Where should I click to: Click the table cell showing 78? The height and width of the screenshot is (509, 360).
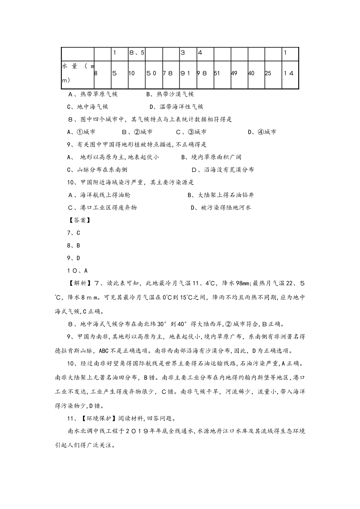(171, 73)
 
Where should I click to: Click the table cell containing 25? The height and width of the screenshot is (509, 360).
(270, 73)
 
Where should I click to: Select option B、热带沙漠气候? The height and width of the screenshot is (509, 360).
(170, 94)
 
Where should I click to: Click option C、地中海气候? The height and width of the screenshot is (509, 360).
(88, 107)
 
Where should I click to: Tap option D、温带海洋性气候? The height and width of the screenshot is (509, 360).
(177, 107)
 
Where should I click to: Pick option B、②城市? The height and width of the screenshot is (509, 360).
(137, 132)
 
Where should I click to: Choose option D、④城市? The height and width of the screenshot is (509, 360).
(262, 132)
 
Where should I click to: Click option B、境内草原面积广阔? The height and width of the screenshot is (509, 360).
(211, 157)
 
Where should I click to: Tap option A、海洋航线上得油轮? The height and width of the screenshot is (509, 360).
(99, 195)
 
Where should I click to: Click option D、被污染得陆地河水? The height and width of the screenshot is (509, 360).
(221, 208)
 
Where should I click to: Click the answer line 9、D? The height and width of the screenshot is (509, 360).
(74, 258)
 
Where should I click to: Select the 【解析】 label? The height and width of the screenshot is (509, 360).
(78, 284)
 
